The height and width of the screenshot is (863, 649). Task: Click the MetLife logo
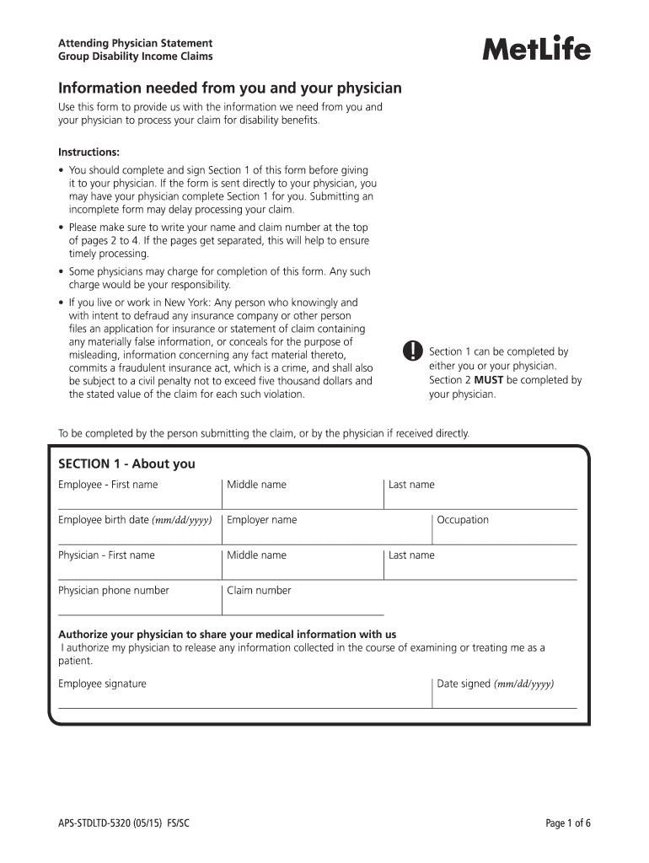(x=536, y=50)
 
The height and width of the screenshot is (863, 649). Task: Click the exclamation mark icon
(x=411, y=351)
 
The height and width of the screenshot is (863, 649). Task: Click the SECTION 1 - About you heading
(x=126, y=464)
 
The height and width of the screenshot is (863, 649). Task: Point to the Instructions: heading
(x=88, y=153)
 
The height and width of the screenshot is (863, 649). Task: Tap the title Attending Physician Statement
(x=135, y=43)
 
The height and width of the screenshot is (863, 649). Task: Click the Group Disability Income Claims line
(x=135, y=56)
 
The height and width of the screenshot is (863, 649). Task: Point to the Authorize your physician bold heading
(x=227, y=634)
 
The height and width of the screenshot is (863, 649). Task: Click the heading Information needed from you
(x=229, y=88)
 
